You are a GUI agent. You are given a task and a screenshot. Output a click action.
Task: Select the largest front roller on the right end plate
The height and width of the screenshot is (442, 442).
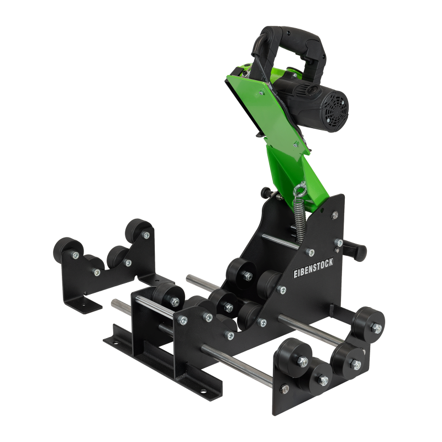(x=293, y=354)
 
